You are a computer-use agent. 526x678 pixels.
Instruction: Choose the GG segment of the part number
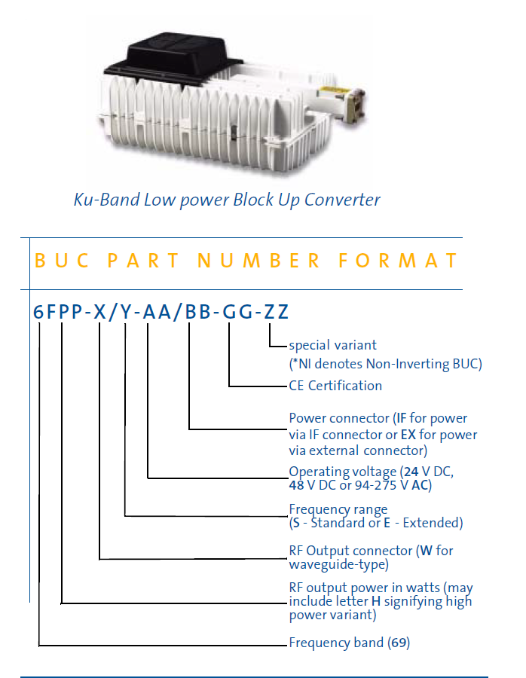tap(235, 312)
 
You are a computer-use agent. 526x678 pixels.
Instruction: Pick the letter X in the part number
tap(99, 312)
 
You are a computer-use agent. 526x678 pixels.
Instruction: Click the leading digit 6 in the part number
tap(38, 312)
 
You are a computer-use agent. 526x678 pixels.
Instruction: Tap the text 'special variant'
tap(332, 345)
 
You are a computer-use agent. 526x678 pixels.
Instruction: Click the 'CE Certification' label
tap(335, 386)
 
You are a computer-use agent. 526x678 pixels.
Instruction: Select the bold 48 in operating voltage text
tap(297, 485)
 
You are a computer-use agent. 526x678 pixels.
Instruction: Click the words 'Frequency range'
tap(338, 509)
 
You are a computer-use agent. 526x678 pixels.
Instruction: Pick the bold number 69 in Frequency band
tap(398, 643)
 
